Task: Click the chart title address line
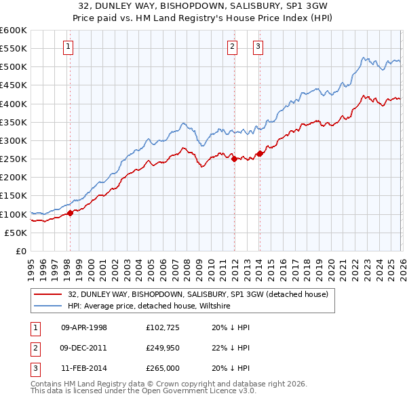pos(203,5)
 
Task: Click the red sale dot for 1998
pos(70,214)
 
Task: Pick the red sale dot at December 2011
pos(234,159)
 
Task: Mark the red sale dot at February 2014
pos(260,154)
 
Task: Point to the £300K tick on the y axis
pos(13,140)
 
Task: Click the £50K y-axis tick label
pos(16,233)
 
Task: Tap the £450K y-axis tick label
pos(13,85)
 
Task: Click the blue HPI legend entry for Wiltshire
pos(149,306)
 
